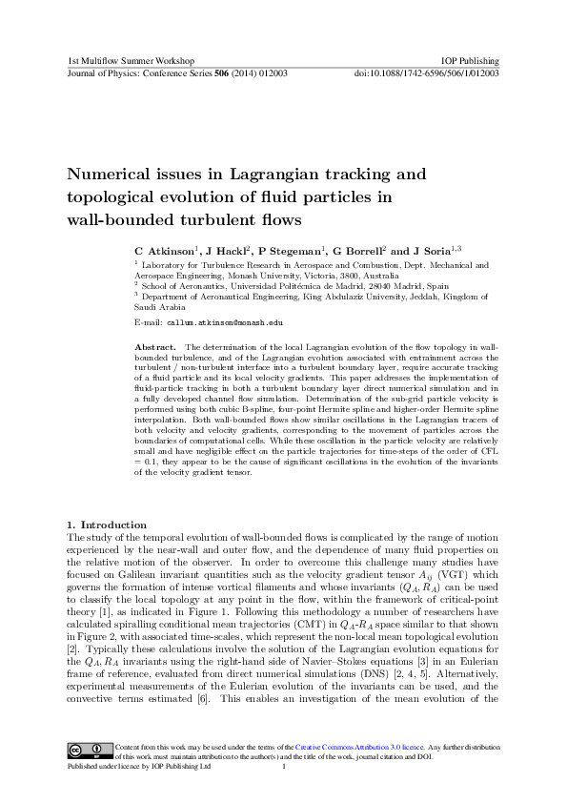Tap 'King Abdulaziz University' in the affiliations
[x=345, y=297]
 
